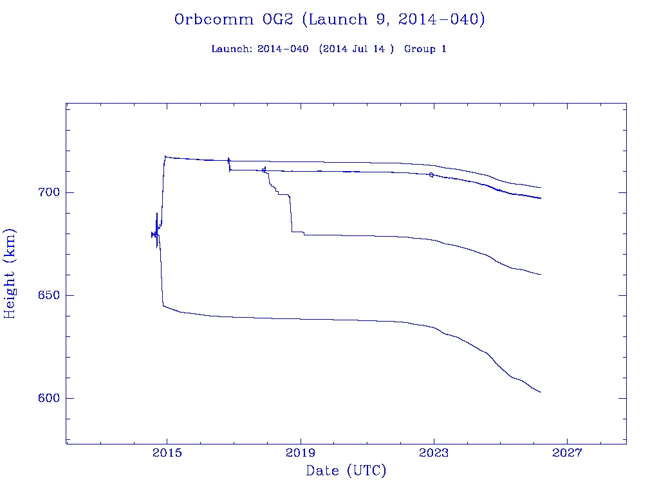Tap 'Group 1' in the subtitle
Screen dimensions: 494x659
(425, 50)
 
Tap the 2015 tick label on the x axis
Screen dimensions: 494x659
(167, 453)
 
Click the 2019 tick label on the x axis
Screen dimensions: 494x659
(301, 453)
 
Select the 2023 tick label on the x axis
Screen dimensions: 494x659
(434, 453)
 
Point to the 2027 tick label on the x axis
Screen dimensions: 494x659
(567, 453)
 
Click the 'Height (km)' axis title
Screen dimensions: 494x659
(10, 273)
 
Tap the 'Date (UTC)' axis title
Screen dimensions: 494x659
(346, 471)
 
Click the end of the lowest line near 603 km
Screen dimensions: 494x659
(541, 392)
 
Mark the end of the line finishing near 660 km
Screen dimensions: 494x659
(541, 275)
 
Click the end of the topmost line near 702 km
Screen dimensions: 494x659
(541, 188)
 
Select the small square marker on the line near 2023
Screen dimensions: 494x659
(431, 175)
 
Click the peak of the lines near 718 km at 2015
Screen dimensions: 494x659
(165, 156)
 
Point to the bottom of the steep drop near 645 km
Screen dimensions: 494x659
(163, 306)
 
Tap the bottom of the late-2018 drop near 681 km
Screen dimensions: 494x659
(293, 232)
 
